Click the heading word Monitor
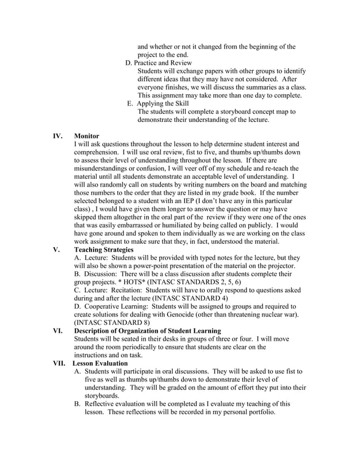[x=87, y=136]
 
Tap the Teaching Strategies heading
[x=104, y=249]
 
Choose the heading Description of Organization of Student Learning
[x=147, y=331]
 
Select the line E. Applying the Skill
[x=158, y=103]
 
